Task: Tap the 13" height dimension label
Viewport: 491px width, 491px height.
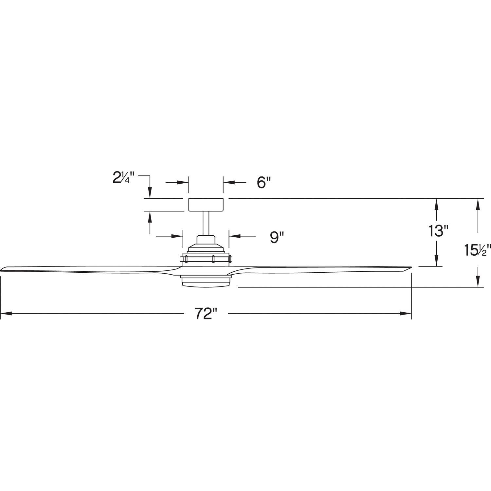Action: click(438, 231)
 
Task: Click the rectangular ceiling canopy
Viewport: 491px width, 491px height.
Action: click(206, 205)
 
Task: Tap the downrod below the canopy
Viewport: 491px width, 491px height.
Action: click(206, 223)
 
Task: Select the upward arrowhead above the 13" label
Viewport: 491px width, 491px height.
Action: click(436, 204)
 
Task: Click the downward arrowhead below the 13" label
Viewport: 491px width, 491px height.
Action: click(436, 261)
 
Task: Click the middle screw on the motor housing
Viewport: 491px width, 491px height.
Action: click(213, 259)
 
